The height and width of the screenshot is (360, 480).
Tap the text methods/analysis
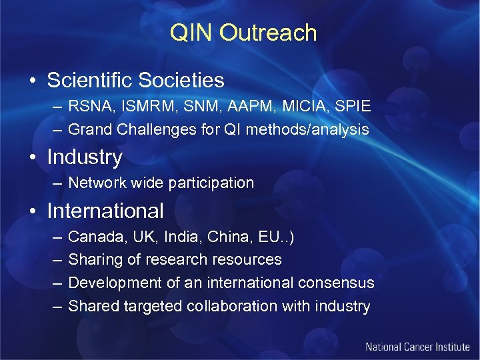(x=307, y=129)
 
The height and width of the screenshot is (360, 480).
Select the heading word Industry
(x=85, y=157)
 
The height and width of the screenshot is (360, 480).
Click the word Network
(x=97, y=183)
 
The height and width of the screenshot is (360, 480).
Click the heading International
(x=105, y=211)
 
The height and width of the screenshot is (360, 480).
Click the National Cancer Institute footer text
(x=418, y=347)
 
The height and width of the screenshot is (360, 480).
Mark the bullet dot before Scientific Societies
(x=31, y=81)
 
